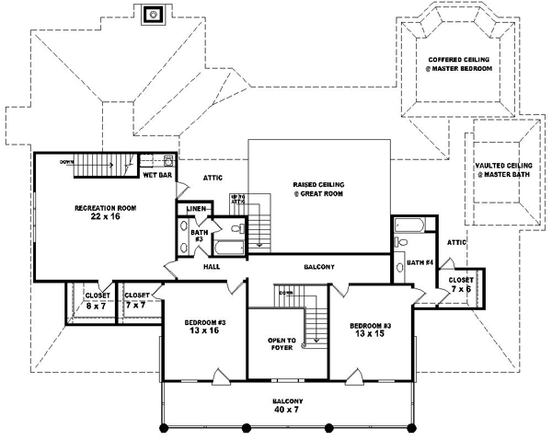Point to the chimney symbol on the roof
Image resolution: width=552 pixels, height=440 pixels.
153,13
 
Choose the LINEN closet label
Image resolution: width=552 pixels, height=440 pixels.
194,210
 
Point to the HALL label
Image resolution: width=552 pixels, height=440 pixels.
212,266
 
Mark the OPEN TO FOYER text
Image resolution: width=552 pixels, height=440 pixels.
281,343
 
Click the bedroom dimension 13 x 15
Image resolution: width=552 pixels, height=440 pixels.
368,336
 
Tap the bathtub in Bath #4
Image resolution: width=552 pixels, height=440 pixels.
406,225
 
